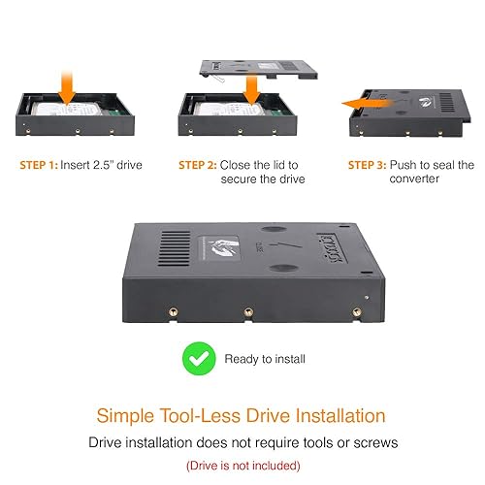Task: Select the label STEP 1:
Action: pos(39,165)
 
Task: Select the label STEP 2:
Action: pos(198,165)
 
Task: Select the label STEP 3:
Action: pos(370,165)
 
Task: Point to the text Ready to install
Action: pos(264,359)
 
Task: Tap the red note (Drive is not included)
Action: pos(242,465)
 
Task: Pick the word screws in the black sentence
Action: pos(373,443)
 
